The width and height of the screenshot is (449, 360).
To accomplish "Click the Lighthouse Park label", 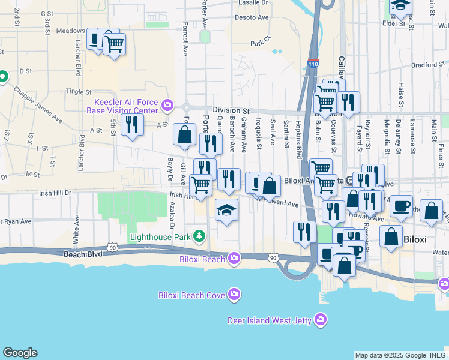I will [x=161, y=237].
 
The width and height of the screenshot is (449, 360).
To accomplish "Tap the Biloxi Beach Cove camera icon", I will [x=234, y=295].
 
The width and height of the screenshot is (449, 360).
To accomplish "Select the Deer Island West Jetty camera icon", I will [x=321, y=320].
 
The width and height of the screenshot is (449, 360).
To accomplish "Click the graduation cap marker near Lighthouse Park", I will [x=227, y=211].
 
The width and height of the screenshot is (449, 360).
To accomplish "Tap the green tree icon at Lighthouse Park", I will [x=198, y=237].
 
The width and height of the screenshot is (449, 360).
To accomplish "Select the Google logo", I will [x=20, y=353].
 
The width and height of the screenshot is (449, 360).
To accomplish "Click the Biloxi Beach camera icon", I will [x=234, y=259].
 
